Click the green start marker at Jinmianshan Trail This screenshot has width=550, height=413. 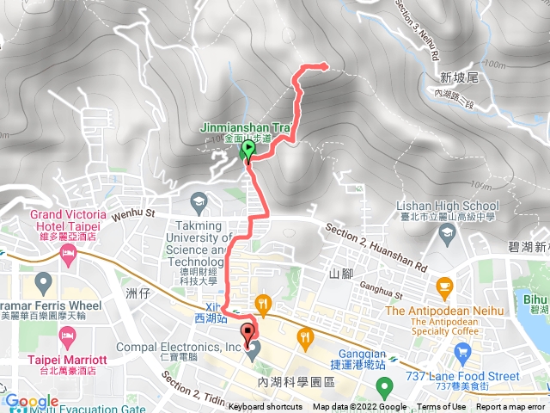point(249,151)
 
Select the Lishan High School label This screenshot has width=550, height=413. point(447,206)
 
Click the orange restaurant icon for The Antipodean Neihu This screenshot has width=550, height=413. point(444,286)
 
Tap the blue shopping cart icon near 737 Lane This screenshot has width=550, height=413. point(463,351)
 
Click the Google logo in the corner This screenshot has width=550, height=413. point(31,402)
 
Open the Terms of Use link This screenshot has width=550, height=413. point(441,407)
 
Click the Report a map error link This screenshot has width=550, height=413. point(510,407)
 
